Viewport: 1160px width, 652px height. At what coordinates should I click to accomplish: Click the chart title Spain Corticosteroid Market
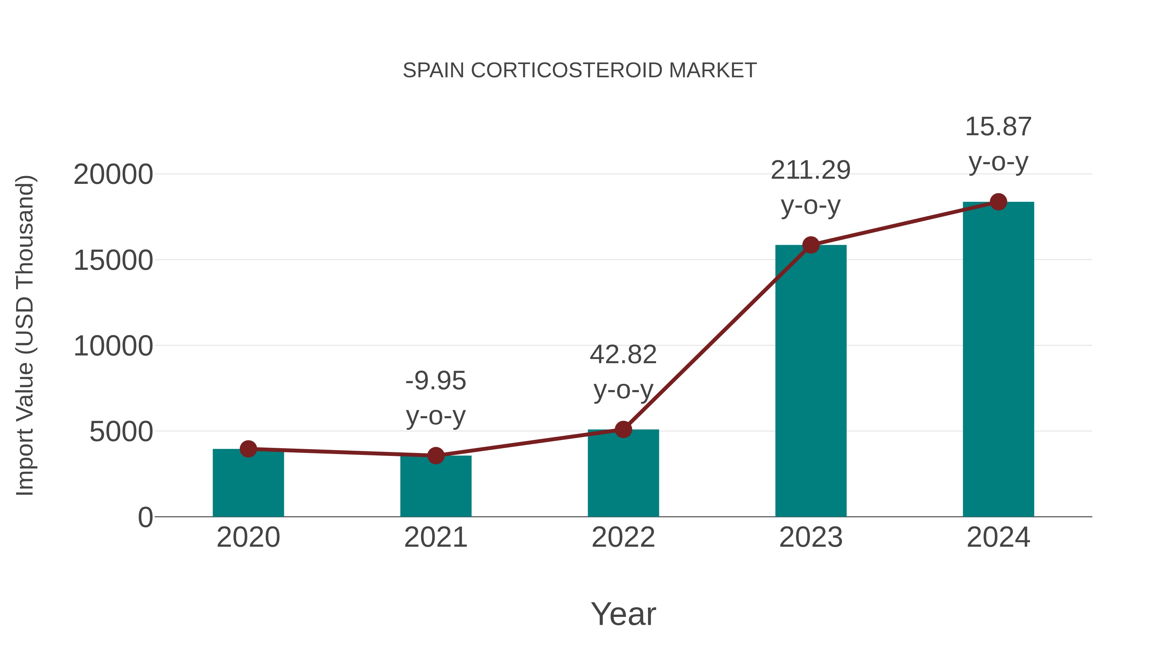[580, 71]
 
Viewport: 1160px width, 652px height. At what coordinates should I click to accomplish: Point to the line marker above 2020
[248, 449]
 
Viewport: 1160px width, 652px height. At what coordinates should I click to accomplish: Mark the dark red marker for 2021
[435, 455]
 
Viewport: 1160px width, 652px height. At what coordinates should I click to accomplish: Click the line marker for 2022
[623, 429]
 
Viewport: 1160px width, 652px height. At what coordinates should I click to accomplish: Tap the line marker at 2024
[998, 202]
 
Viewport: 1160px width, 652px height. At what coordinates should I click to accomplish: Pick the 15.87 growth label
[998, 127]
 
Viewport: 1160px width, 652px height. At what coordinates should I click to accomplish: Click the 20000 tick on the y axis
[113, 175]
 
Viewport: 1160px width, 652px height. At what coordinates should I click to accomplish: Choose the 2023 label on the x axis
[811, 537]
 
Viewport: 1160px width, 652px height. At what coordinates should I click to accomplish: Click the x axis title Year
[623, 614]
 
